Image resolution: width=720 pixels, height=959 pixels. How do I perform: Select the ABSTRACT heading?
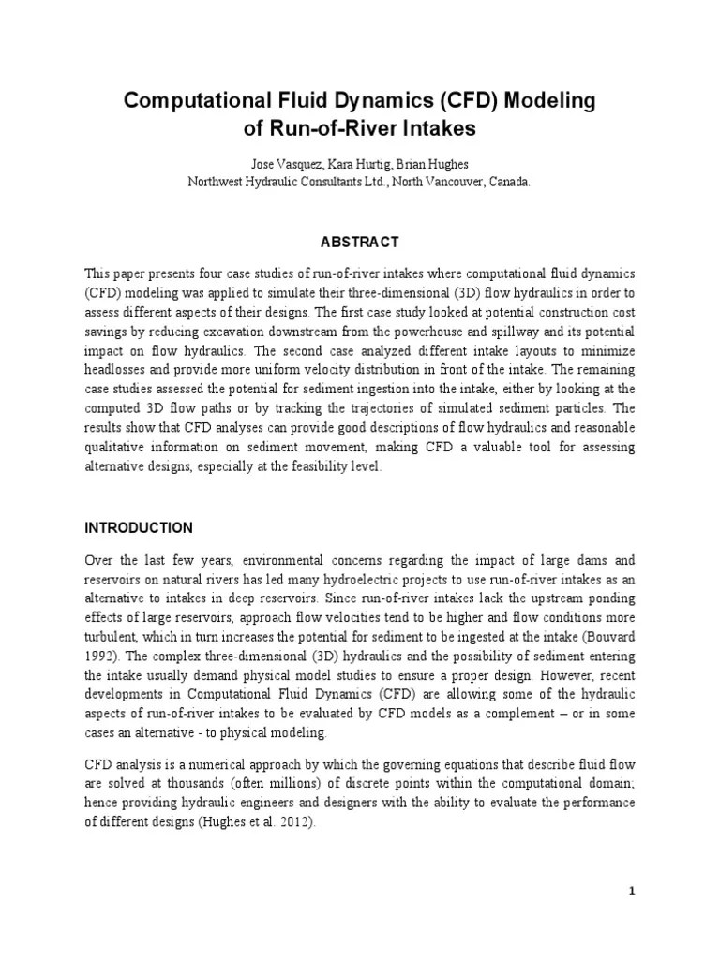pyautogui.click(x=360, y=242)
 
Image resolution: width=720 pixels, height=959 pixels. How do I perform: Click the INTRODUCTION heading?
pyautogui.click(x=139, y=527)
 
